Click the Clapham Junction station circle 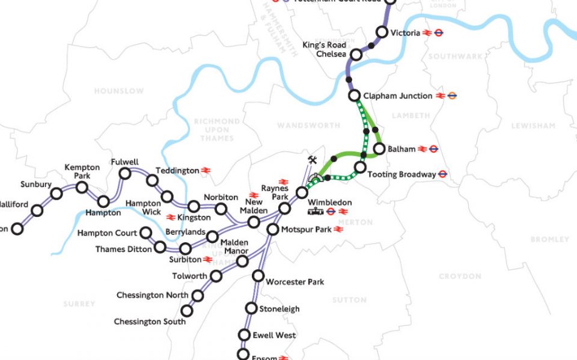(x=355, y=96)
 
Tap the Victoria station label (x=405, y=33)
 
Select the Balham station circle (x=379, y=148)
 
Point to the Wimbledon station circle (x=302, y=193)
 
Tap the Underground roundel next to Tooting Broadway (x=443, y=174)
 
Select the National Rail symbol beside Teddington (x=206, y=171)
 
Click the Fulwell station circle (x=126, y=174)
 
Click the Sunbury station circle (x=56, y=194)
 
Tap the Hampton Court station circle (x=145, y=233)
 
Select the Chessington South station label (x=150, y=322)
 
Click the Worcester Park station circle (x=258, y=276)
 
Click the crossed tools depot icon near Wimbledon (x=312, y=160)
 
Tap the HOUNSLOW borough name (x=118, y=91)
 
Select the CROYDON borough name (x=460, y=276)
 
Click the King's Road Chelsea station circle (x=356, y=55)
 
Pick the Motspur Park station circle (x=272, y=229)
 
